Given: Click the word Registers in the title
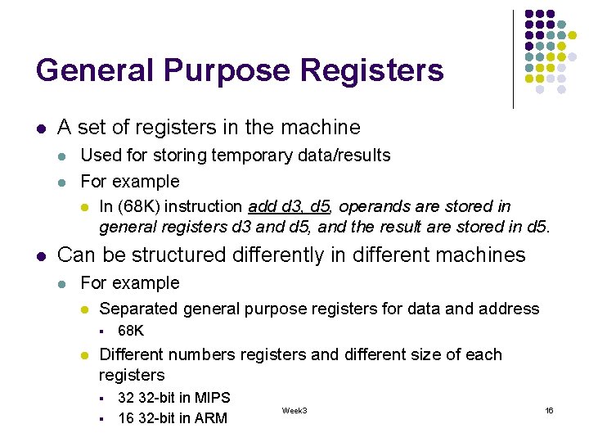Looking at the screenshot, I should click(372, 70).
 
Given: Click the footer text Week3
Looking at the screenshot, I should click(294, 409).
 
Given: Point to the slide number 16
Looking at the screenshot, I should click(549, 409).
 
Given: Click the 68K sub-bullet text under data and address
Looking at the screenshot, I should click(131, 331).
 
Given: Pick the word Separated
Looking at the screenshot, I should click(138, 309).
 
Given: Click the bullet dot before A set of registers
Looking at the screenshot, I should click(40, 129).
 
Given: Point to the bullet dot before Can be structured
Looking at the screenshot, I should click(40, 256).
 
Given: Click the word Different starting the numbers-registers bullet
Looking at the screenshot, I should click(136, 354).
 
